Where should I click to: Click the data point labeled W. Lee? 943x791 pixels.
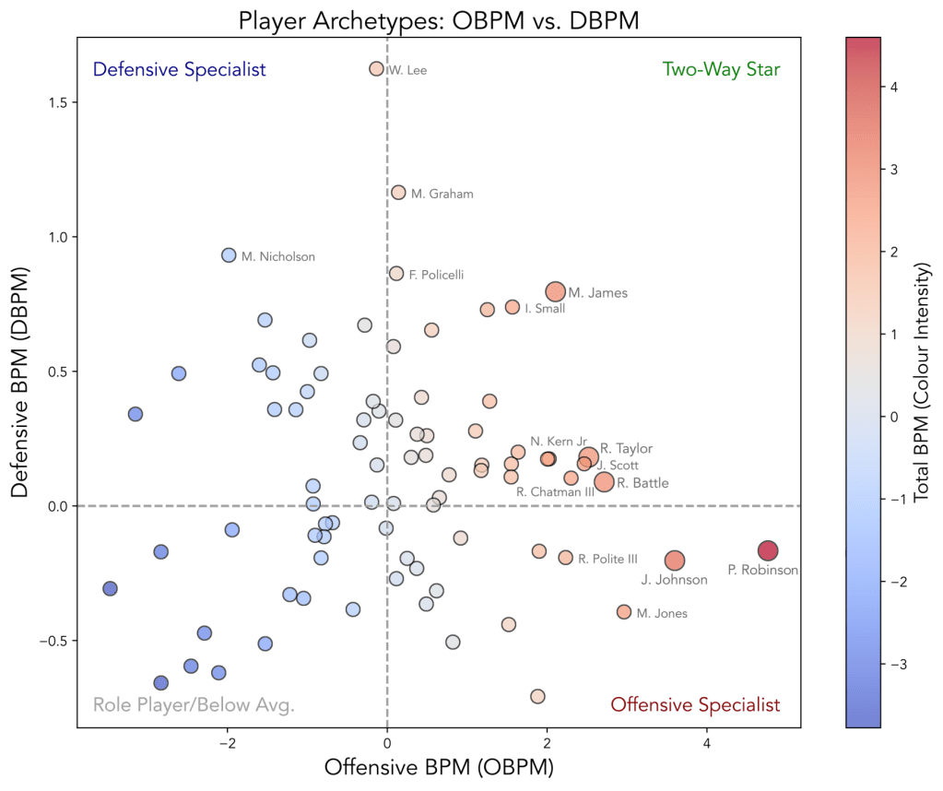376,69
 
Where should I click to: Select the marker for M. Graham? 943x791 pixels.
398,193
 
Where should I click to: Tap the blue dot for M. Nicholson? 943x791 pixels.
230,255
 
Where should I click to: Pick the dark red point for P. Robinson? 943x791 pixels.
768,550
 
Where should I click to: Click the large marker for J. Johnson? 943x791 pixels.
675,561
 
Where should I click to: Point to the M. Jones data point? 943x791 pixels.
624,612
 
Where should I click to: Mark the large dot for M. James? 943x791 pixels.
555,291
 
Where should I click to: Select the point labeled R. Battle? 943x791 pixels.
604,481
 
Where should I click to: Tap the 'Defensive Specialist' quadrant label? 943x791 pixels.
180,70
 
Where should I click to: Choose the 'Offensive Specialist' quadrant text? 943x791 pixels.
695,705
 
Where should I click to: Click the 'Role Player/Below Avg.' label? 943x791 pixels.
194,706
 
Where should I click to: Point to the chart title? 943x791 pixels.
439,20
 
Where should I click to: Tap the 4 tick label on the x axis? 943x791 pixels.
707,744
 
